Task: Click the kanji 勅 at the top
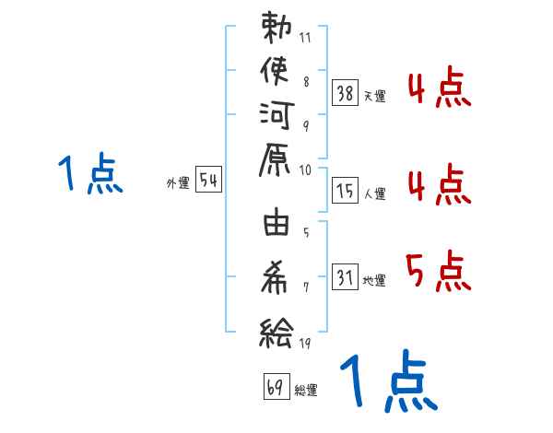click(x=277, y=29)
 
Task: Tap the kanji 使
click(x=277, y=71)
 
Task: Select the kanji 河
click(x=277, y=115)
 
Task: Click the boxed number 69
click(x=276, y=388)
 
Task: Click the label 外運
click(x=178, y=183)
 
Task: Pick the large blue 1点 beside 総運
click(x=388, y=383)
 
